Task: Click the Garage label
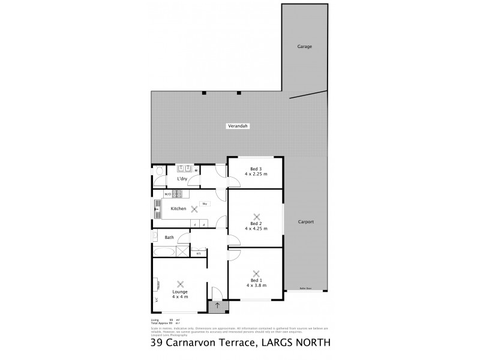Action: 305,46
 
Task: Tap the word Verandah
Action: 238,126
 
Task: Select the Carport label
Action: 306,222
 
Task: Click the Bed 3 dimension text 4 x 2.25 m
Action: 256,175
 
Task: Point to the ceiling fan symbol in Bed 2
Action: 257,217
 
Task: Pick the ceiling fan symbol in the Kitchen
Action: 194,209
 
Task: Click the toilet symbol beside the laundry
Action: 157,172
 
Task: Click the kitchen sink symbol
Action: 158,208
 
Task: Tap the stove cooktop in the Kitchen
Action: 177,194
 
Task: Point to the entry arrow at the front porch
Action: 218,306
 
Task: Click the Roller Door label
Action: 306,289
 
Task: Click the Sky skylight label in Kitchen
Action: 205,204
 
